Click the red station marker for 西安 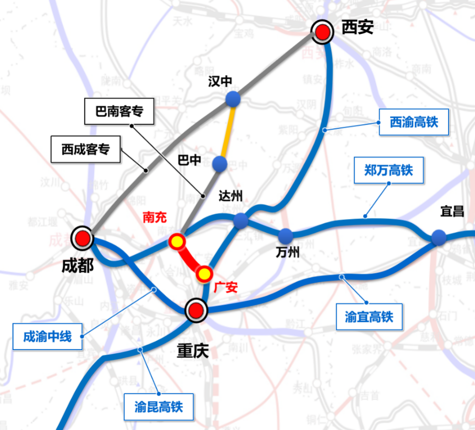(x=323, y=32)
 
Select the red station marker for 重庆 (x=196, y=310)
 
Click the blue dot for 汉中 (x=233, y=99)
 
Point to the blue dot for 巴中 (x=220, y=163)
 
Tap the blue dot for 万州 (x=285, y=235)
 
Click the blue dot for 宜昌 (x=439, y=237)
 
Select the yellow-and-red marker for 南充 (x=177, y=242)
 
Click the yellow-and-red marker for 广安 (x=204, y=273)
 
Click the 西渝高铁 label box (x=414, y=122)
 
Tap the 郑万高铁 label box (x=389, y=170)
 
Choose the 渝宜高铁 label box (x=369, y=317)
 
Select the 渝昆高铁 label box (x=159, y=407)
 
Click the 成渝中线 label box (x=47, y=337)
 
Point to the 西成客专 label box (x=85, y=149)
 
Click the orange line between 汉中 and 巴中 (x=227, y=131)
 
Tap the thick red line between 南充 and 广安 (x=190, y=258)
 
